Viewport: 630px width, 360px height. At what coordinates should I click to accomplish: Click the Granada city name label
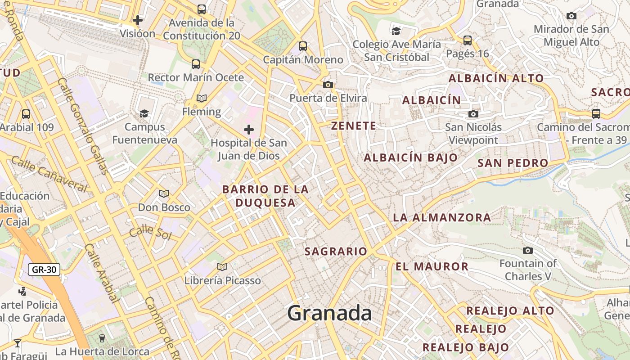(329, 313)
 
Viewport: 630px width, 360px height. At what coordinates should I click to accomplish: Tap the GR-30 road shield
(44, 270)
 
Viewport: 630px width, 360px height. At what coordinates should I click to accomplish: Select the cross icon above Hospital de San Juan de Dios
(249, 130)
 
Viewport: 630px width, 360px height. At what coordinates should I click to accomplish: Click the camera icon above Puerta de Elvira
(328, 85)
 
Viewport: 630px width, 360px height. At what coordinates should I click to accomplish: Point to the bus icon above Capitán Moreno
(303, 46)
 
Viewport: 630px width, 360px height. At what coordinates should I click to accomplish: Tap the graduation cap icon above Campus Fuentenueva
(144, 113)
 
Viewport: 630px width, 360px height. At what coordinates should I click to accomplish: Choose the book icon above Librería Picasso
(222, 267)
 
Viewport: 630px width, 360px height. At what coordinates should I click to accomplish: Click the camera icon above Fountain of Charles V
(528, 250)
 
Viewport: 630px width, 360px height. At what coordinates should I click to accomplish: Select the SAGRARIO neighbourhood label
(336, 252)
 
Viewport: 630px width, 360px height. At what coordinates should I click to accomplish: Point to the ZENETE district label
(354, 126)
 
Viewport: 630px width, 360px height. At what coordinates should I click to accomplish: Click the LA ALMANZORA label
(442, 218)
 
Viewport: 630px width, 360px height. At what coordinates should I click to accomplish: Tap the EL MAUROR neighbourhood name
(432, 266)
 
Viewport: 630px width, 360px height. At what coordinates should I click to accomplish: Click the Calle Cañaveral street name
(49, 174)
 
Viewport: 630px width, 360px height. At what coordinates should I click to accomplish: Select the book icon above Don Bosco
(164, 194)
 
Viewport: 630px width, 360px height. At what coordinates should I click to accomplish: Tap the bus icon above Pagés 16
(468, 40)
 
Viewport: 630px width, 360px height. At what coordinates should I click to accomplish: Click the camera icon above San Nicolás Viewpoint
(473, 114)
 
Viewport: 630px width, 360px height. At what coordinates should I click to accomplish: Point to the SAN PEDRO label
(513, 163)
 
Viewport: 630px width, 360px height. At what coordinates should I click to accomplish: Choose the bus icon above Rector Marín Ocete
(195, 64)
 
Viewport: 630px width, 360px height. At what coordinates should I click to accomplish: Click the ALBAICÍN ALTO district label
(496, 78)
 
